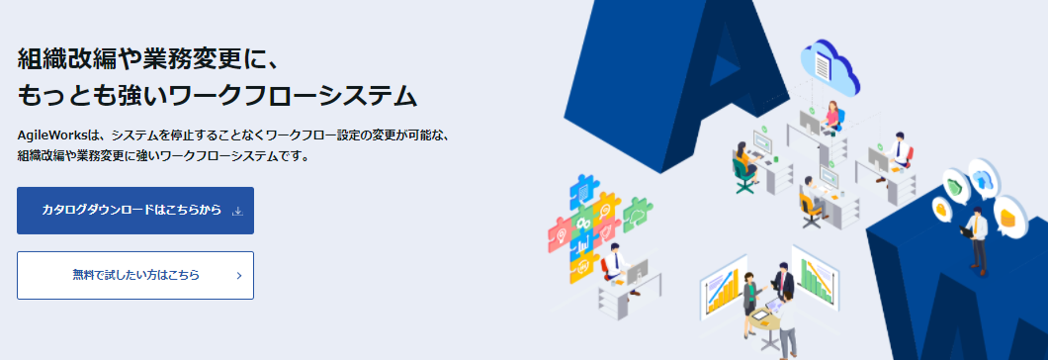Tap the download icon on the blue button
pyautogui.click(x=236, y=211)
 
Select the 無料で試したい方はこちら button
pyautogui.click(x=135, y=275)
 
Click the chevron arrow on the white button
pyautogui.click(x=239, y=276)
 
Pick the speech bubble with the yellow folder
pyautogui.click(x=1008, y=216)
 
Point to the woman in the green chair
pyautogui.click(x=742, y=163)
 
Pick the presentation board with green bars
pyautogui.click(x=813, y=280)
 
